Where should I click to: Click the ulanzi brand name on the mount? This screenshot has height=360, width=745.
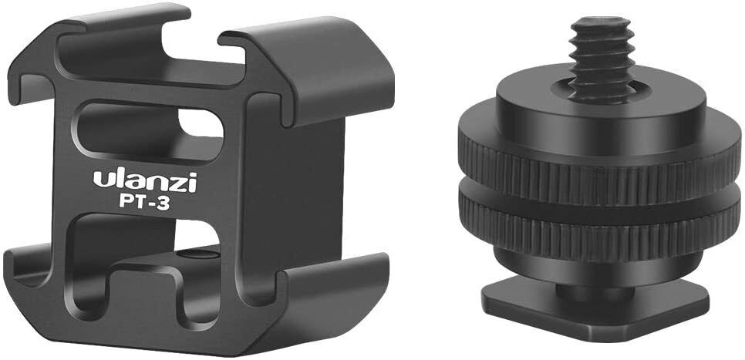[145, 180]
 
